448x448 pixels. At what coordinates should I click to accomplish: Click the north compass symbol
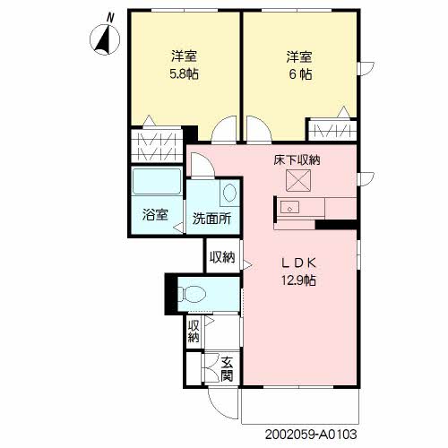coord(105,39)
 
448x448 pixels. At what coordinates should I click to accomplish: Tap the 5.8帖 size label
coord(184,74)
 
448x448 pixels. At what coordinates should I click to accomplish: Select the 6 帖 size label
coord(300,74)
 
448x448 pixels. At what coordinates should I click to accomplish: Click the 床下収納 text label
coord(297,159)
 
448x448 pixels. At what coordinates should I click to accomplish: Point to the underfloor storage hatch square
coord(298,180)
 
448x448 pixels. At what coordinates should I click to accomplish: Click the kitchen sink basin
coord(289,207)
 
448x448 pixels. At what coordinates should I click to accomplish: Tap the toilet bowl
coord(192,294)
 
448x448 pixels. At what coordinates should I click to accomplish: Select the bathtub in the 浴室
coord(157,181)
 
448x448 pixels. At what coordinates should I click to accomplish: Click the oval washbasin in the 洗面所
coord(229,193)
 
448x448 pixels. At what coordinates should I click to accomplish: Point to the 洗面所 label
coord(211,219)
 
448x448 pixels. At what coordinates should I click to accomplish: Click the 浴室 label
coord(155,214)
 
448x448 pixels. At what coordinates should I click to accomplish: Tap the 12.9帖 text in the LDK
coord(298,280)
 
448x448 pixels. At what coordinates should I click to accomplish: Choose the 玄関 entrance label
coord(227,369)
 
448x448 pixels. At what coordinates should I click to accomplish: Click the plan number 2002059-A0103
coord(311,434)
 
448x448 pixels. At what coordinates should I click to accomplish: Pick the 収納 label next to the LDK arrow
coord(222,257)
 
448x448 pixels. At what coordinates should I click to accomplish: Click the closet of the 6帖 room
coord(332,130)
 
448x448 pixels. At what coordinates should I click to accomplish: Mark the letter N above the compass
coord(110,19)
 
